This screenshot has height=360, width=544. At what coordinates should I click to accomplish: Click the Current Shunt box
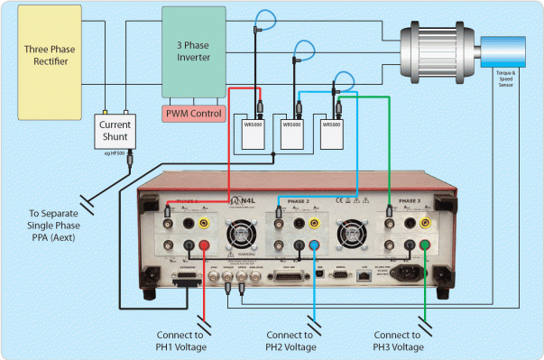(115, 132)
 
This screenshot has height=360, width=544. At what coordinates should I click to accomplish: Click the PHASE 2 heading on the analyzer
(298, 201)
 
